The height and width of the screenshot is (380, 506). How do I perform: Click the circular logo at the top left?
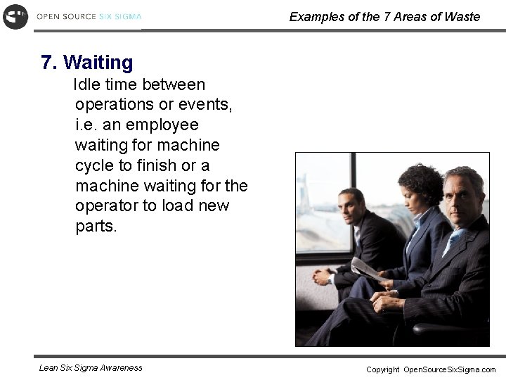[x=15, y=16]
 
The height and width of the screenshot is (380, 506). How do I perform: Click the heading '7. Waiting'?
[x=87, y=63]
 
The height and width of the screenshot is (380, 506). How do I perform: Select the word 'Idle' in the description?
[x=88, y=85]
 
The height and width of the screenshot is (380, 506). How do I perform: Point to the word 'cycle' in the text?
[x=95, y=166]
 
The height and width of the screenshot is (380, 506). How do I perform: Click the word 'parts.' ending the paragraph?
[x=96, y=227]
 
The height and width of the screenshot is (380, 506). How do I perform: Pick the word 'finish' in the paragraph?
[x=158, y=166]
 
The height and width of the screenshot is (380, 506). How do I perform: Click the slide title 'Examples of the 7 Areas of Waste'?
[x=384, y=16]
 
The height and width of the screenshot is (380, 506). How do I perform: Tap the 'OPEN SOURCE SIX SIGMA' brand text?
[x=89, y=16]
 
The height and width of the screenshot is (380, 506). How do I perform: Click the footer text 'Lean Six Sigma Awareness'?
[x=91, y=367]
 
